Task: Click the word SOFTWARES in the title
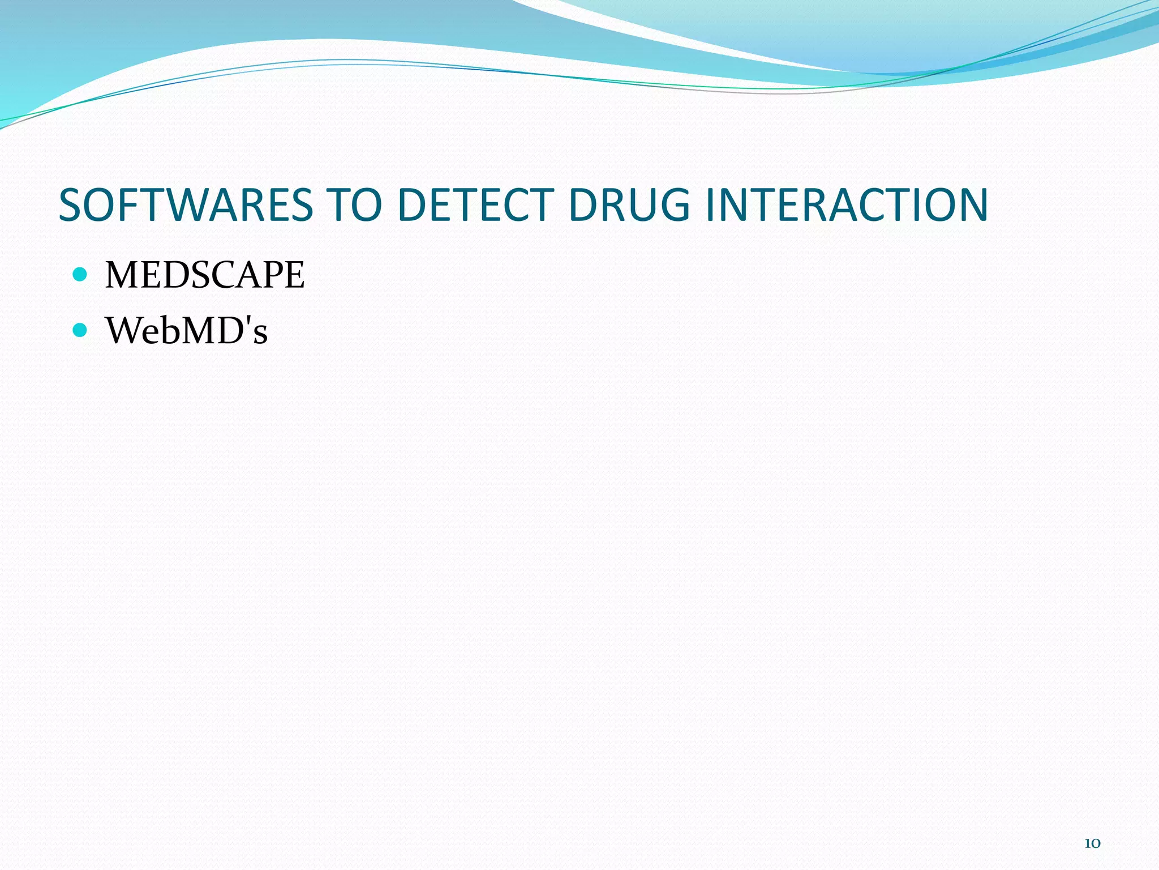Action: tap(186, 204)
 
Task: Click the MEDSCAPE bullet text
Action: tap(205, 275)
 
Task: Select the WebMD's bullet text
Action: tap(186, 330)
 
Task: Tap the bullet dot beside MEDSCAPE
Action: tap(80, 275)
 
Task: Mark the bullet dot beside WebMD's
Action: tap(80, 330)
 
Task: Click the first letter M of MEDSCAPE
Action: tap(122, 275)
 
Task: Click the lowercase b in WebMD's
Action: tap(168, 330)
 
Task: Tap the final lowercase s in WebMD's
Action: tap(260, 334)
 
